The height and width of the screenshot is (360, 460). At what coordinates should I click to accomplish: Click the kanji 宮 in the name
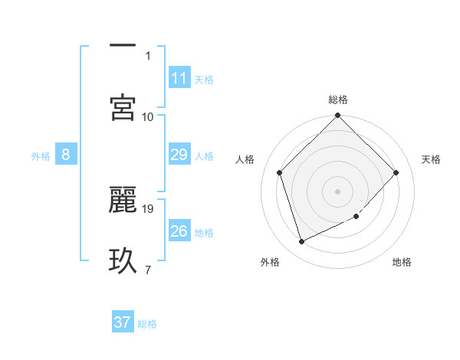click(123, 107)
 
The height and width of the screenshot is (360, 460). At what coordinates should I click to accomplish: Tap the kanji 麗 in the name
click(123, 198)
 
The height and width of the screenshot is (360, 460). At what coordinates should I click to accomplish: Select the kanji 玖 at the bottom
click(123, 260)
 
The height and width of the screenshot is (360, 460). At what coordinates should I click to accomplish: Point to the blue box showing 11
click(179, 78)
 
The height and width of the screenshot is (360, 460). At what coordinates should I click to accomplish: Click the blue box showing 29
click(179, 155)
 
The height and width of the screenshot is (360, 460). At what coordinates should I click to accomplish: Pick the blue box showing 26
click(179, 231)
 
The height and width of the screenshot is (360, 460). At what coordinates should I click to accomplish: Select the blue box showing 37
click(122, 322)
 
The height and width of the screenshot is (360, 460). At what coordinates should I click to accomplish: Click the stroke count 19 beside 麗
click(149, 208)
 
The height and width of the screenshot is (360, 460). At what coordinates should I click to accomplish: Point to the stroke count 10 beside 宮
click(148, 116)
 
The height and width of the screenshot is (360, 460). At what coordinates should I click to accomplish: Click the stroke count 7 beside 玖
click(147, 270)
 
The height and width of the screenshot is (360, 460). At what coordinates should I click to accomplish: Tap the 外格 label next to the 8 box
click(41, 156)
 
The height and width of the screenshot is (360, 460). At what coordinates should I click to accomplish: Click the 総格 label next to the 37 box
click(147, 324)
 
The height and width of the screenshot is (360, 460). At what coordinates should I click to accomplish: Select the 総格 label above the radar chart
click(338, 100)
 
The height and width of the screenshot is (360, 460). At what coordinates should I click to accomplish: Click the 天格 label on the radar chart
click(432, 159)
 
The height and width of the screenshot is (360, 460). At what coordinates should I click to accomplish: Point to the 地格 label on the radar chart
click(402, 262)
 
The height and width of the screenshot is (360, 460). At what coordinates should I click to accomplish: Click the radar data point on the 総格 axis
click(337, 116)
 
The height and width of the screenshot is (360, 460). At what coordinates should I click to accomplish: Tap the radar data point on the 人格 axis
click(280, 172)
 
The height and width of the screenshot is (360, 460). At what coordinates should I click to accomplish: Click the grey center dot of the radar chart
click(337, 191)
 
